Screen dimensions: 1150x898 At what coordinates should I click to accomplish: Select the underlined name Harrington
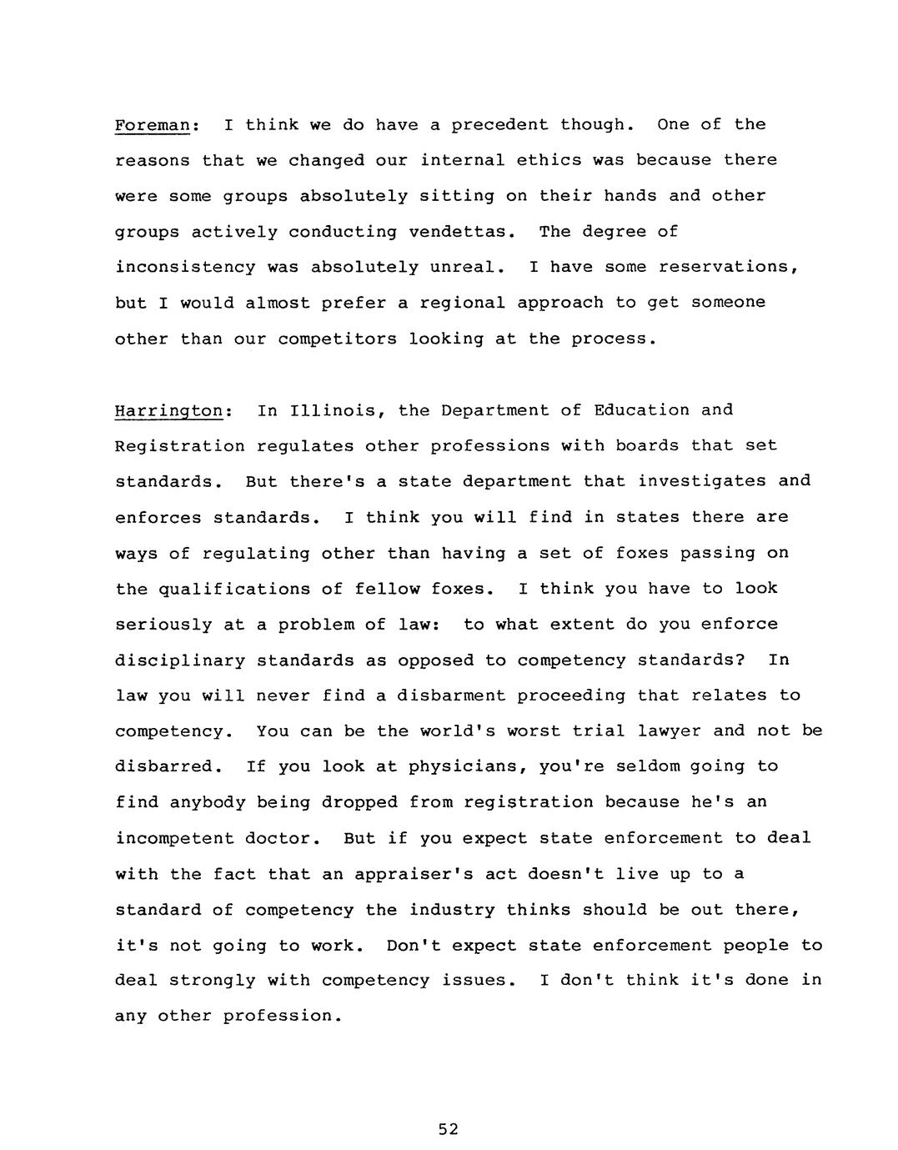(x=168, y=411)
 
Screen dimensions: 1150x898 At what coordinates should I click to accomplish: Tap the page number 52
(x=448, y=1129)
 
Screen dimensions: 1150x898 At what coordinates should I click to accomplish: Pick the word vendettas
(x=462, y=232)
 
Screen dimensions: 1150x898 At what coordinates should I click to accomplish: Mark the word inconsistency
(x=185, y=268)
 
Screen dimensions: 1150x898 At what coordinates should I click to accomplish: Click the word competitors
(x=337, y=339)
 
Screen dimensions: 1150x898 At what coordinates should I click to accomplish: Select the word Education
(x=642, y=410)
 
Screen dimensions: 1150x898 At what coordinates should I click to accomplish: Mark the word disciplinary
(x=180, y=660)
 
